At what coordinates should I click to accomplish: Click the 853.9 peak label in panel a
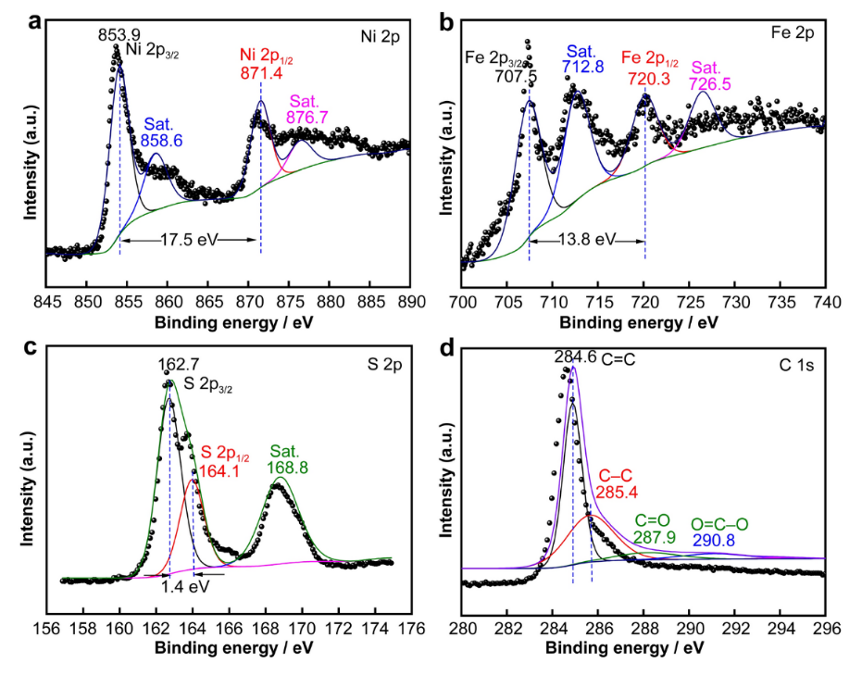point(118,35)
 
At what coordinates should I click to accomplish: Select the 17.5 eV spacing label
point(190,239)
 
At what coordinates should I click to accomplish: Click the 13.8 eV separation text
point(586,240)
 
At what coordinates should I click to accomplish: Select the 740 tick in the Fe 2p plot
point(826,301)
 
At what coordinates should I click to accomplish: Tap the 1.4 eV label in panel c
point(181,585)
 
